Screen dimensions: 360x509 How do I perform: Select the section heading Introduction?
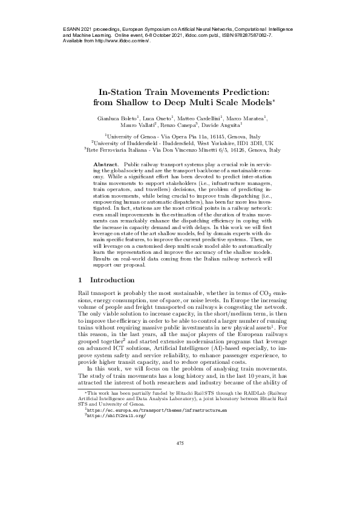click(112, 280)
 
